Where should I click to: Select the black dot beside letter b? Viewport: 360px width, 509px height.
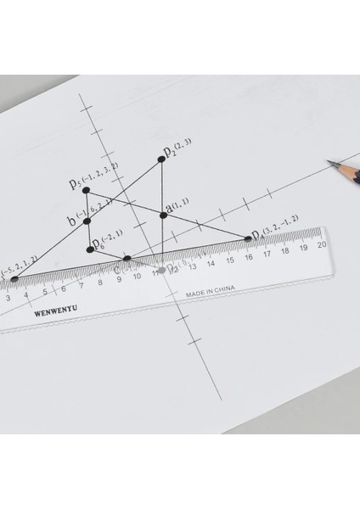tap(87, 222)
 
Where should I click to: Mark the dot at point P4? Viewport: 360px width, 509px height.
tap(250, 238)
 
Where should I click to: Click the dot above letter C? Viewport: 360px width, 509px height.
tap(127, 258)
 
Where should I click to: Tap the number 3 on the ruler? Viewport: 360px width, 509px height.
tap(8, 298)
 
